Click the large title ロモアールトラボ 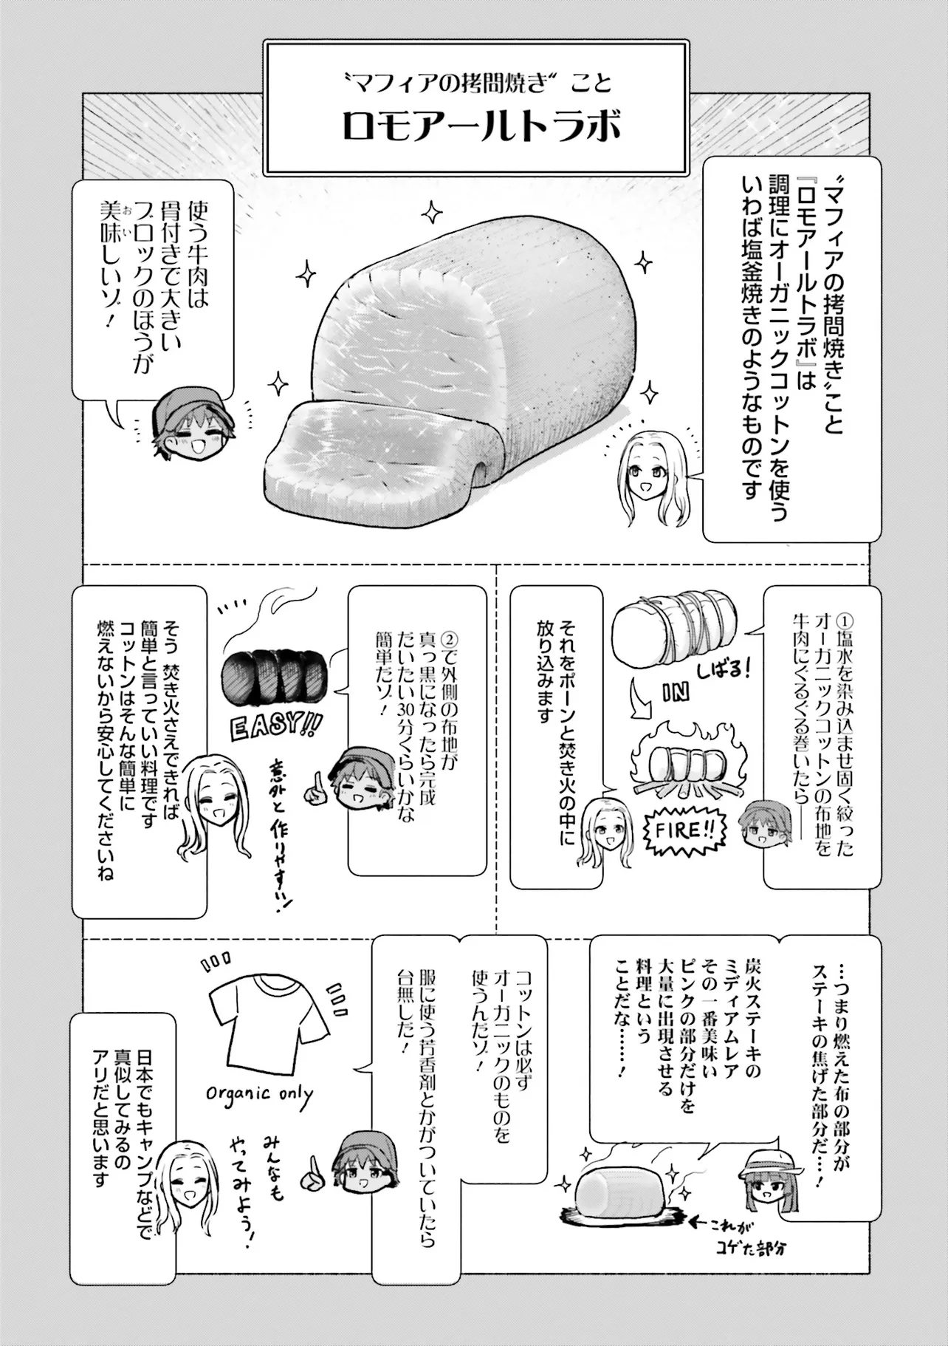(x=481, y=127)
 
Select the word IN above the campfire (x=676, y=692)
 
